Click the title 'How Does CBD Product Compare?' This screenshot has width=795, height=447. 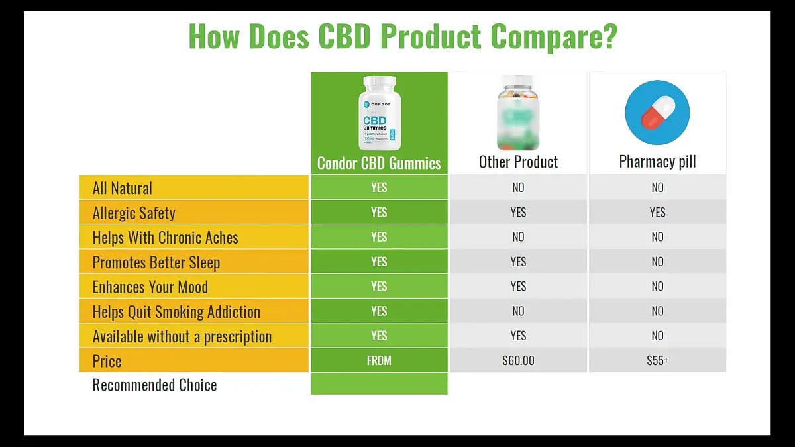(403, 36)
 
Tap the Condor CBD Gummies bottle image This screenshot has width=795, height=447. (379, 113)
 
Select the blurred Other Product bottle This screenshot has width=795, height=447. (518, 113)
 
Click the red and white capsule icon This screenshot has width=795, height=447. (657, 113)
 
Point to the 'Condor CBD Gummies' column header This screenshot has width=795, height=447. (379, 163)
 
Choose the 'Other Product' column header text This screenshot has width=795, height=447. (518, 162)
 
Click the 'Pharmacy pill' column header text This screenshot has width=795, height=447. (657, 162)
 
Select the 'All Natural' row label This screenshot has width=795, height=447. (122, 188)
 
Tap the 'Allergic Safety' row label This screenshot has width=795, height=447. (134, 213)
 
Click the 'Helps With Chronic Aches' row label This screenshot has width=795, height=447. (165, 238)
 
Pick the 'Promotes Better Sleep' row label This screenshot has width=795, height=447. (156, 262)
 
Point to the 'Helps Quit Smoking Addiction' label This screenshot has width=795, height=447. (176, 312)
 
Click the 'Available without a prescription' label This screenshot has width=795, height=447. (182, 336)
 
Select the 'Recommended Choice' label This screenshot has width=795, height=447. (154, 385)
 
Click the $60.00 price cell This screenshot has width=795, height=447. (518, 361)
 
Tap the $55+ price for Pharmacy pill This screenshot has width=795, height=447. (657, 361)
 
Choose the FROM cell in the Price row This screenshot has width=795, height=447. (379, 361)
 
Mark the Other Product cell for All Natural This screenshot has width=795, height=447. (518, 187)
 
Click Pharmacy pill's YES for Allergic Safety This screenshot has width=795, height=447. (657, 213)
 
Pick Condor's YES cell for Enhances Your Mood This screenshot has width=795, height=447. (379, 287)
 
